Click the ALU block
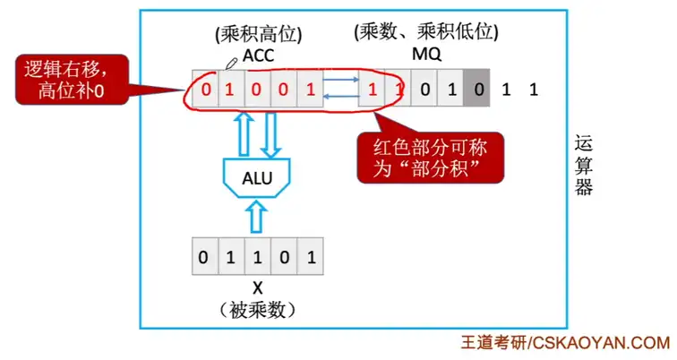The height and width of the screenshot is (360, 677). [x=256, y=177]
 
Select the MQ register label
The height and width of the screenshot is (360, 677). [x=424, y=56]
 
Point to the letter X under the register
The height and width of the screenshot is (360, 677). [x=257, y=287]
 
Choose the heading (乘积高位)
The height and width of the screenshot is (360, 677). [x=258, y=34]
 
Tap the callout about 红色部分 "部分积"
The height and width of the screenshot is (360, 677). [x=429, y=158]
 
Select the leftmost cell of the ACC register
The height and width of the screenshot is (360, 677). [x=204, y=89]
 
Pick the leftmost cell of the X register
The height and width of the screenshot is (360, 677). [x=204, y=258]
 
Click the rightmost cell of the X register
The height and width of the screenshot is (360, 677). [x=309, y=258]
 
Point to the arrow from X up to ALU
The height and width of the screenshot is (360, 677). [x=256, y=216]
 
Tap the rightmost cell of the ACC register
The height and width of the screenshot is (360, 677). [x=309, y=89]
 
